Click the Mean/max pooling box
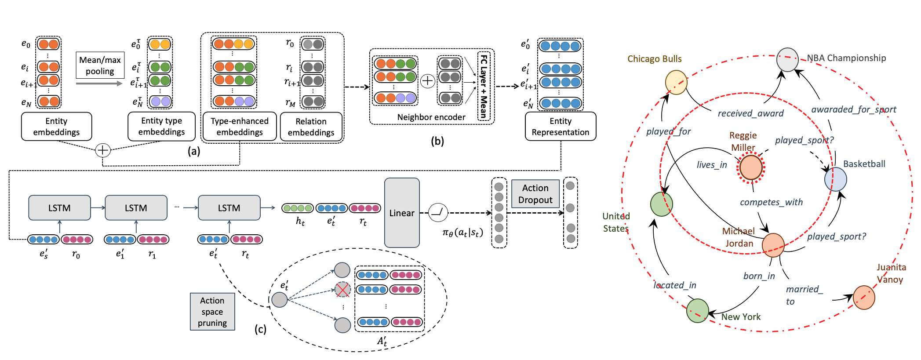100,65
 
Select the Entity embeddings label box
56,127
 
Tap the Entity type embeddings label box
161,126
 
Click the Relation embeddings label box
311,127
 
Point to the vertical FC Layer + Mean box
484,86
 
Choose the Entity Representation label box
560,127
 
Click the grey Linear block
402,213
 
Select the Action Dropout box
535,194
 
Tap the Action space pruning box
212,312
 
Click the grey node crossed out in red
342,290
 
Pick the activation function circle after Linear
438,213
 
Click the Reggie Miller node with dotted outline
751,167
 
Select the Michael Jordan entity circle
773,245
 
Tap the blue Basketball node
835,179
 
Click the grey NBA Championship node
787,60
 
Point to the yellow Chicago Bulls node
676,82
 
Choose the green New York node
697,310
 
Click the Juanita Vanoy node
864,298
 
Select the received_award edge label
750,113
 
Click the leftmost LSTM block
59,208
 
